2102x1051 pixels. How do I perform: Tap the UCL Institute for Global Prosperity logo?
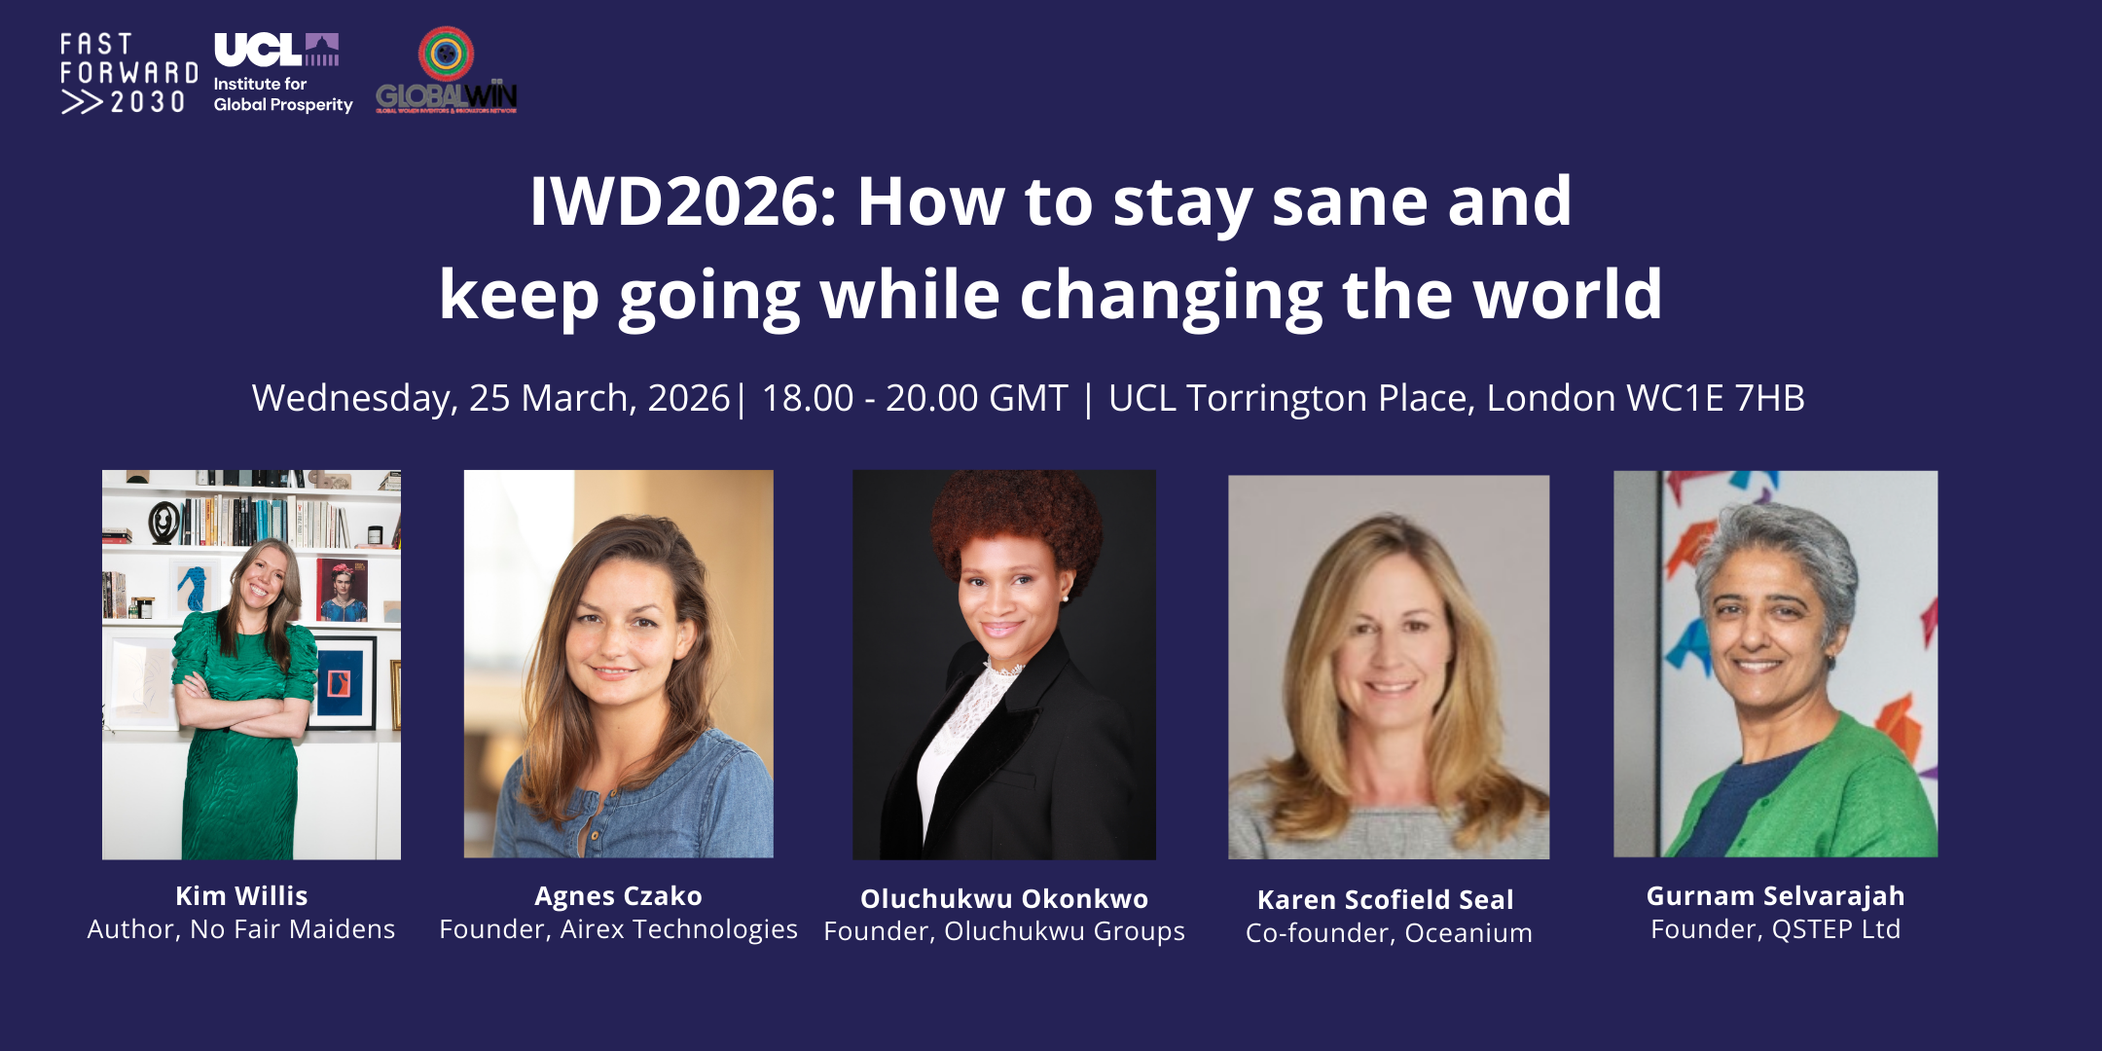pyautogui.click(x=281, y=73)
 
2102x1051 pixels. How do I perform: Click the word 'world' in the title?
pyautogui.click(x=1568, y=295)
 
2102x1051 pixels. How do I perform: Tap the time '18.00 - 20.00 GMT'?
pyautogui.click(x=914, y=398)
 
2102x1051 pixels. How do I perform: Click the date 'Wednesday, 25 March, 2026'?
pyautogui.click(x=490, y=398)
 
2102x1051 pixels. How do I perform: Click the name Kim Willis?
pyautogui.click(x=241, y=895)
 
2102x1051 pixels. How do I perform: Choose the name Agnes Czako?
pyautogui.click(x=618, y=895)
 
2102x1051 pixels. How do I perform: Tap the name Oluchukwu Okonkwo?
pyautogui.click(x=1004, y=898)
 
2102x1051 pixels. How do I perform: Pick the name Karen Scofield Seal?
pyautogui.click(x=1386, y=899)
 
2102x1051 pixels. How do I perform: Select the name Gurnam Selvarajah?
pyautogui.click(x=1775, y=895)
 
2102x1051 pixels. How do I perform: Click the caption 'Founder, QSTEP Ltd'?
pyautogui.click(x=1775, y=929)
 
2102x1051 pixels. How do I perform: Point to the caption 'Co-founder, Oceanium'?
pyautogui.click(x=1389, y=933)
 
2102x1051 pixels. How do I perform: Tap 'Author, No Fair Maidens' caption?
pyautogui.click(x=241, y=929)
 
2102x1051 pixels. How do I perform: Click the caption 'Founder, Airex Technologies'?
pyautogui.click(x=618, y=929)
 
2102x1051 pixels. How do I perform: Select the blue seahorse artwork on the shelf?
pyautogui.click(x=196, y=590)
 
